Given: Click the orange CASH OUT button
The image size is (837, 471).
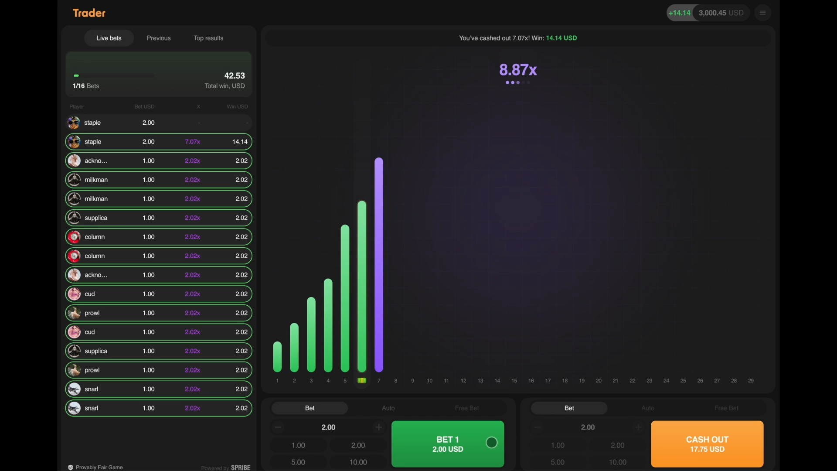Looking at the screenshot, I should click(707, 444).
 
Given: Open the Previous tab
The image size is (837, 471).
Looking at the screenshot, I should click(159, 38).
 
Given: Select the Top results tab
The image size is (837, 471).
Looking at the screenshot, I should click(208, 38).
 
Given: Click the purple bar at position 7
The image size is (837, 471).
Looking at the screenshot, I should click(379, 264).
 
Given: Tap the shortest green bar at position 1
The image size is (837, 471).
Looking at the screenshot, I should click(277, 357).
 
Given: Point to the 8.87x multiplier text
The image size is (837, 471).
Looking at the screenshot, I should click(518, 70).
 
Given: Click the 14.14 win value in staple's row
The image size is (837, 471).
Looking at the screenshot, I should click(240, 142).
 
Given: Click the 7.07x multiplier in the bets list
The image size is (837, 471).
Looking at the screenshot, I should click(192, 142).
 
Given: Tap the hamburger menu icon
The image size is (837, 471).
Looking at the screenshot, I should click(762, 13).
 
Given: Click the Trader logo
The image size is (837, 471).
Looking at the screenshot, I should click(89, 13).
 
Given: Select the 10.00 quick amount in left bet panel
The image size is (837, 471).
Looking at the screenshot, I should click(358, 462).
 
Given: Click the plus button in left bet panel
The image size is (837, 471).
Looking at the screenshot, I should click(378, 427).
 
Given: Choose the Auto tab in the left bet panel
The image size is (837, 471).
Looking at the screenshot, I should click(388, 408).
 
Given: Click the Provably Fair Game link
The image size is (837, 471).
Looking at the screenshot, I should click(99, 467).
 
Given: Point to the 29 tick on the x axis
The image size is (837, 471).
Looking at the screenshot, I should click(751, 381).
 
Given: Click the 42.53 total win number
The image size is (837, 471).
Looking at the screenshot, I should click(235, 76).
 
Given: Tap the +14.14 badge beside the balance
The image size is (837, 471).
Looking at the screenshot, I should click(679, 13).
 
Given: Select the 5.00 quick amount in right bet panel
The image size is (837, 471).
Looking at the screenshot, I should click(558, 462).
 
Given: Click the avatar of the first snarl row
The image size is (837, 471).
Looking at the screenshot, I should click(74, 389).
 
